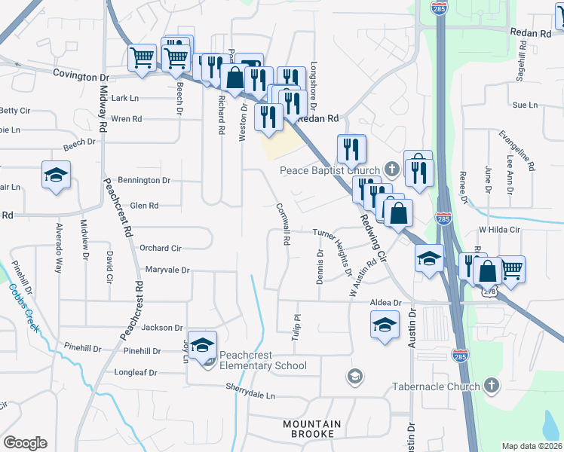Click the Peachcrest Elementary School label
coord(262,366)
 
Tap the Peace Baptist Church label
coord(330,170)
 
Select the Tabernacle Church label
coord(436,387)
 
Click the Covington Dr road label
coord(81,76)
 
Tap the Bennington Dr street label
coord(145,181)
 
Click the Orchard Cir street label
coord(161,248)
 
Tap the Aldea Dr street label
coord(385,302)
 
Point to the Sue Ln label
coord(524,105)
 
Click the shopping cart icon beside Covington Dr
coord(142,56)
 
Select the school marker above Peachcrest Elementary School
coord(201,345)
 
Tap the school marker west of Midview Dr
coord(56,176)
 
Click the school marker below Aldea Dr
coord(385,325)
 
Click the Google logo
coord(25,443)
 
